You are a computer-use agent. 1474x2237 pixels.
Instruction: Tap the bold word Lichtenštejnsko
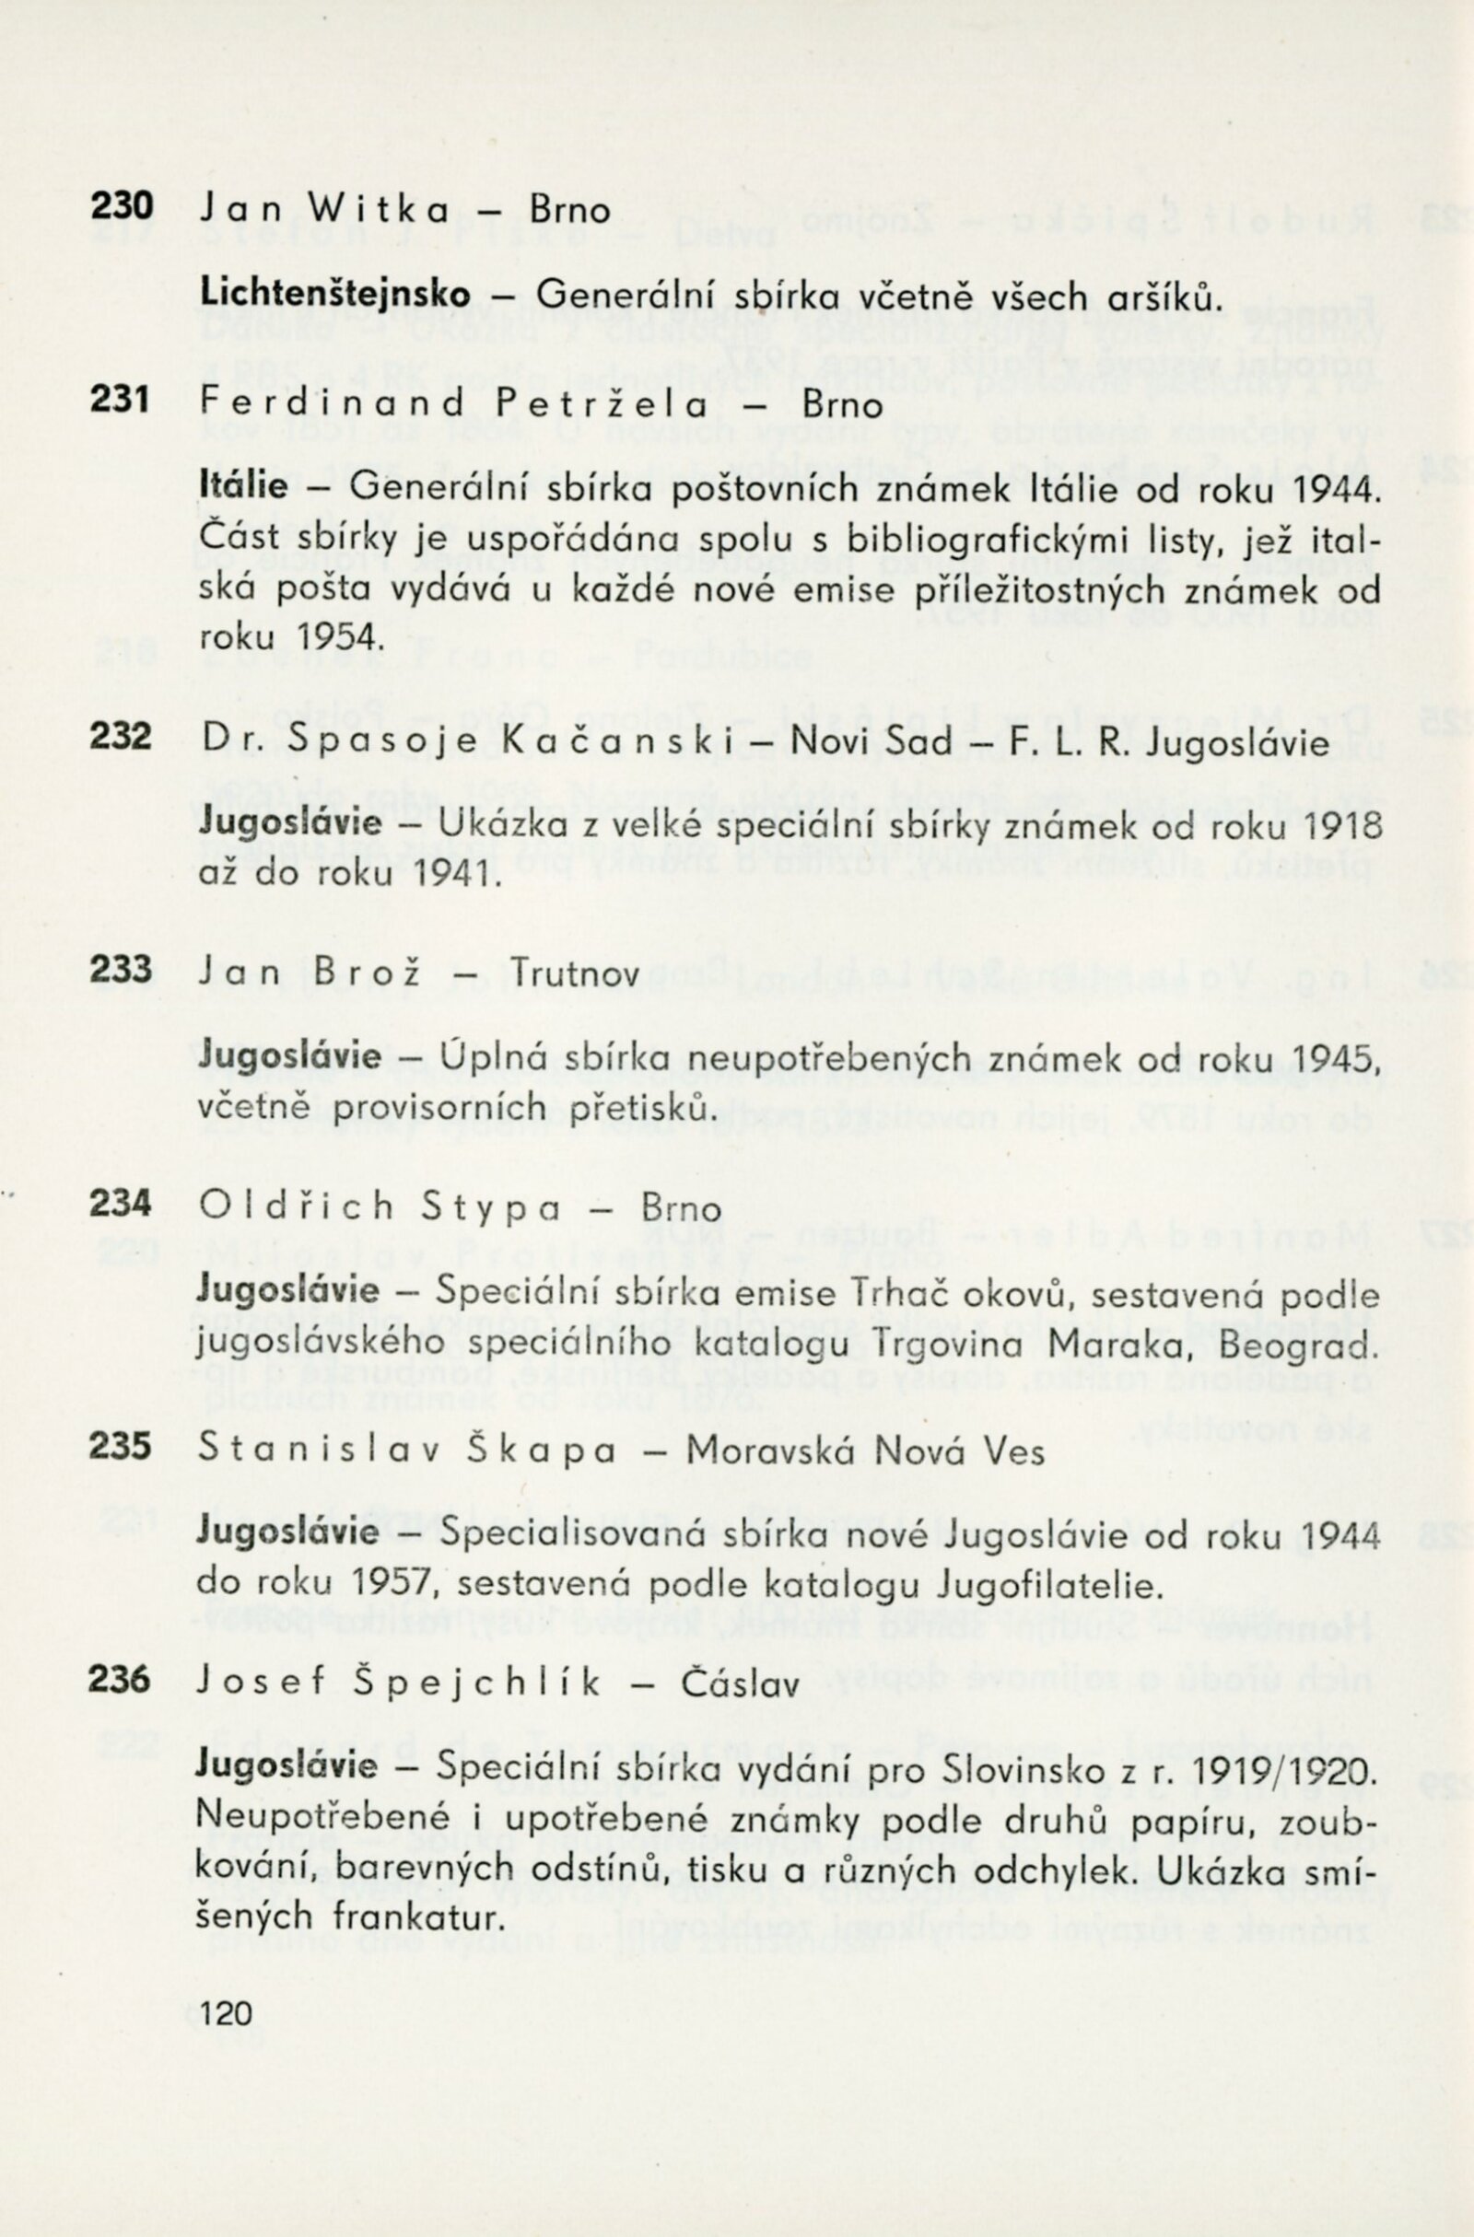pyautogui.click(x=334, y=294)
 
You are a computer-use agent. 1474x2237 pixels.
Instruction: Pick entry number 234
pyautogui.click(x=121, y=1203)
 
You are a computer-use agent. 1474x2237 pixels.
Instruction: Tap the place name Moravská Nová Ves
pyautogui.click(x=865, y=1451)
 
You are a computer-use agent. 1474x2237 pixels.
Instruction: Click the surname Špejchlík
pyautogui.click(x=477, y=1683)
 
